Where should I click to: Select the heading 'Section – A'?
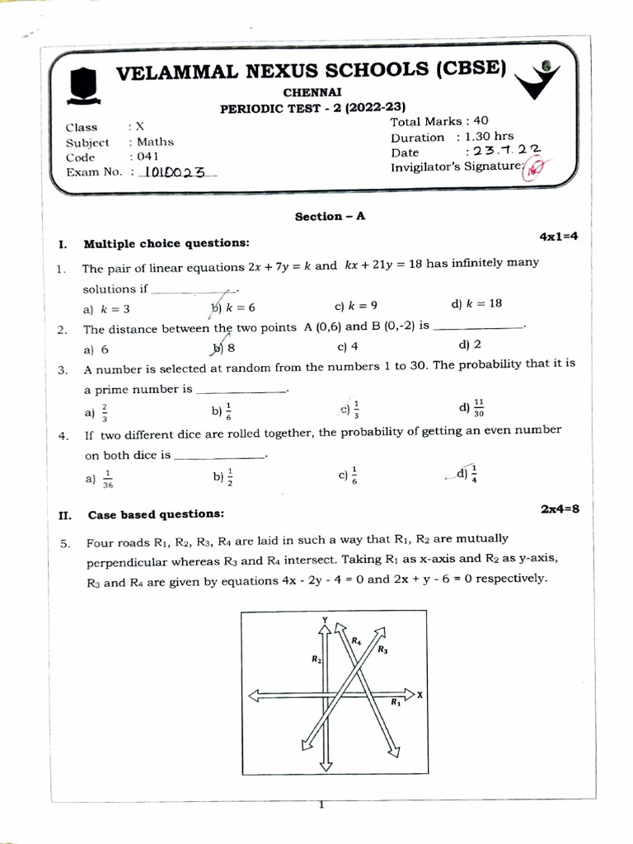coord(330,216)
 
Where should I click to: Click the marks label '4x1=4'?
coord(559,237)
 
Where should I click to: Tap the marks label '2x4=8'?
coord(560,509)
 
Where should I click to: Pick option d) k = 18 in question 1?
coord(476,303)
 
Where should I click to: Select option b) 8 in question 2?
coord(224,348)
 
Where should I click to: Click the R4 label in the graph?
coord(356,640)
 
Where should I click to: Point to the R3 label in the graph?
coord(382,649)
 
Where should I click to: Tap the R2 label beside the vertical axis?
coord(316,659)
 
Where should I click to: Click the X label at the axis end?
coord(420,695)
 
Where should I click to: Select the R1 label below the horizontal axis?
coord(395,703)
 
